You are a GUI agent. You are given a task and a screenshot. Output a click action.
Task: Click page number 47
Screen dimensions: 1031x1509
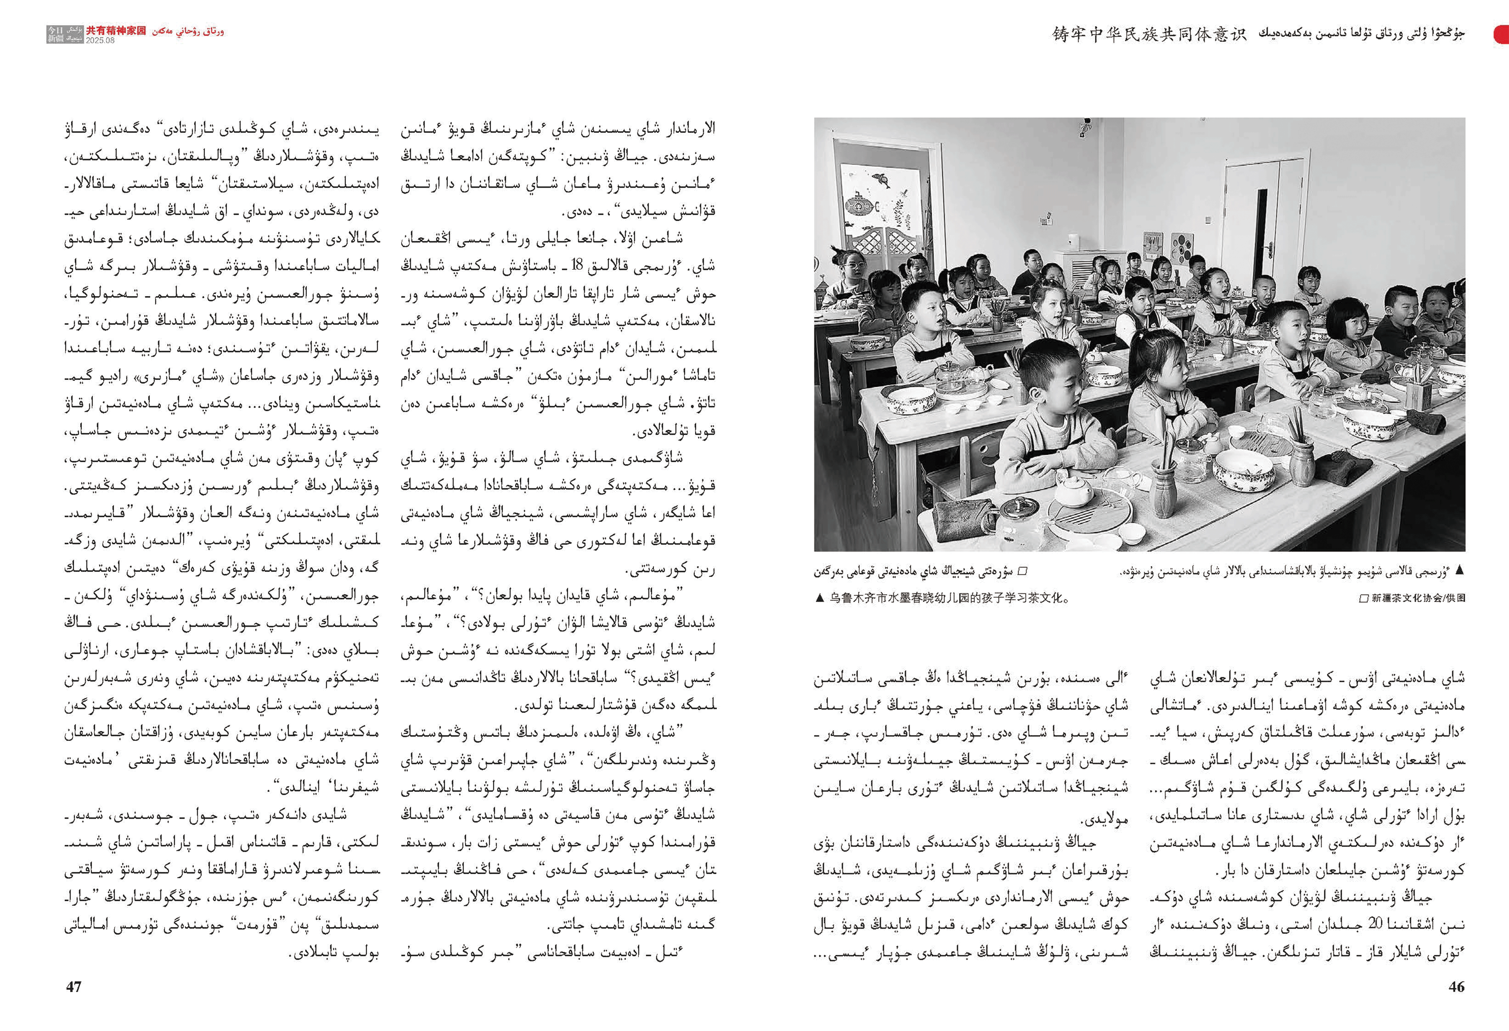click(74, 986)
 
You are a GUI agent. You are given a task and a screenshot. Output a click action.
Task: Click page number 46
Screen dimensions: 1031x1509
click(1456, 986)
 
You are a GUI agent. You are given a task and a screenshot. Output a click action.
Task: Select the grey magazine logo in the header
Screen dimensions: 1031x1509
click(65, 34)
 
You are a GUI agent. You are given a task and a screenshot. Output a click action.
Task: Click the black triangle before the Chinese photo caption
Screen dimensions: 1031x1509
click(820, 598)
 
